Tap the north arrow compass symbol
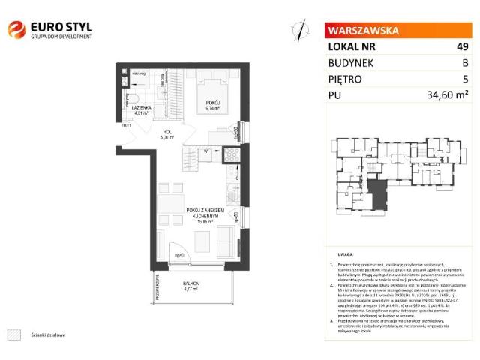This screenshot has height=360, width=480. (300, 29)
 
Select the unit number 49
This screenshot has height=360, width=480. (462, 47)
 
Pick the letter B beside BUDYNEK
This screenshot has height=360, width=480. (465, 63)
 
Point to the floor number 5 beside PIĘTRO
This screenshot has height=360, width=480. (466, 79)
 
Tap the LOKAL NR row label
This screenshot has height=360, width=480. (351, 47)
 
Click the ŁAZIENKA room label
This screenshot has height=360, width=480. (142, 109)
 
